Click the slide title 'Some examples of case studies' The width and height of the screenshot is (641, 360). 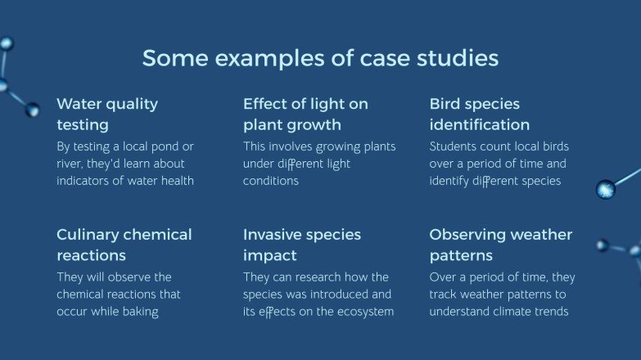[x=320, y=59]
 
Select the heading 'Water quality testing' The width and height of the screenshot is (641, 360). [x=107, y=115]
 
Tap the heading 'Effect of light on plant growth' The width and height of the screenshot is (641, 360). [x=305, y=115]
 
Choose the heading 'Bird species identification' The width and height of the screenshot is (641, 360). [x=479, y=115]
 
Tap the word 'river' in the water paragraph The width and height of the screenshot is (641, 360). [x=70, y=164]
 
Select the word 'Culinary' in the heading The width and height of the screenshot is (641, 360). [x=86, y=236]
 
